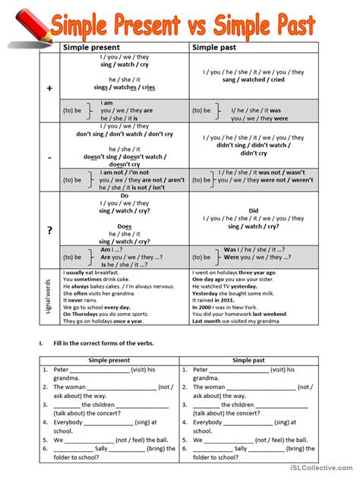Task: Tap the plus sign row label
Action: tap(49, 89)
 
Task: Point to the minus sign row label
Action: tap(49, 157)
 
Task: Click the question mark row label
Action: tap(49, 230)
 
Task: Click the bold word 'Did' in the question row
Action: tap(254, 210)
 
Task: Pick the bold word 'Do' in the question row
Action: tap(124, 195)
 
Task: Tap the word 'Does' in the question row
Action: tap(124, 226)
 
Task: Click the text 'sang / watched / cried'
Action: tap(253, 79)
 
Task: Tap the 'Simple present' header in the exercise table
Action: tap(109, 360)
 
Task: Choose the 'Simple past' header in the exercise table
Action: tap(253, 360)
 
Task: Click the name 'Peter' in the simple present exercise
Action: tap(62, 370)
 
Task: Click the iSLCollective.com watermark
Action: tap(322, 472)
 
